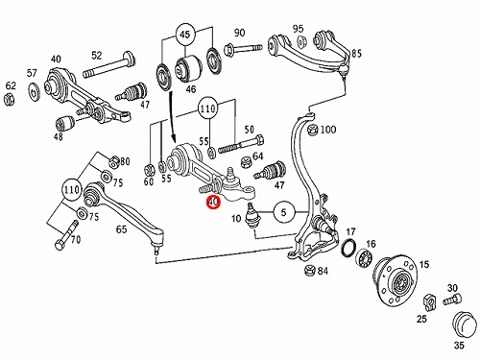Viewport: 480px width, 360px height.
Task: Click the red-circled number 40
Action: pyautogui.click(x=213, y=202)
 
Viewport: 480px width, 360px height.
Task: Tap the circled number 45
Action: pyautogui.click(x=185, y=35)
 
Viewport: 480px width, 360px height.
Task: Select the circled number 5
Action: pyautogui.click(x=283, y=212)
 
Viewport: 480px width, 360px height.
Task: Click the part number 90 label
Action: pyautogui.click(x=239, y=33)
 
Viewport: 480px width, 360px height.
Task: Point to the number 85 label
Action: pyautogui.click(x=356, y=54)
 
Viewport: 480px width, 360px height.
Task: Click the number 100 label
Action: pyautogui.click(x=328, y=130)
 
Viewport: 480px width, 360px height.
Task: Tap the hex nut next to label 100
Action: pyautogui.click(x=312, y=130)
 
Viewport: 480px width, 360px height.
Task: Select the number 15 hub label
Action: pyautogui.click(x=423, y=265)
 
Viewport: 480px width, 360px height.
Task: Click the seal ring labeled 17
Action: pyautogui.click(x=348, y=248)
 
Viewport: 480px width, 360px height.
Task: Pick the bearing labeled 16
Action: pyautogui.click(x=363, y=257)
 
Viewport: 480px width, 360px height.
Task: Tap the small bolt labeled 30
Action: pyautogui.click(x=452, y=300)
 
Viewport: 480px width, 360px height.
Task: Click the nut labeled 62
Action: pyautogui.click(x=10, y=100)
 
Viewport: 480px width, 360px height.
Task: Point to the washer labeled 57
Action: pyautogui.click(x=33, y=91)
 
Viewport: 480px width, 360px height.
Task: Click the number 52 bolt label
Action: pyautogui.click(x=97, y=55)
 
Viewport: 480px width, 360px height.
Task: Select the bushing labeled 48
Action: pyautogui.click(x=65, y=124)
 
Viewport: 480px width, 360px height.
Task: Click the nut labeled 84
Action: pyautogui.click(x=310, y=271)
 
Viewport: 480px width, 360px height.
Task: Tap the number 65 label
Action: pyautogui.click(x=121, y=229)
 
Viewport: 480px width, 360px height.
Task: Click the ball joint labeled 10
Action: pyautogui.click(x=253, y=216)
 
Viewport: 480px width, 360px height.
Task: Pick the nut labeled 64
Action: pyautogui.click(x=247, y=161)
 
